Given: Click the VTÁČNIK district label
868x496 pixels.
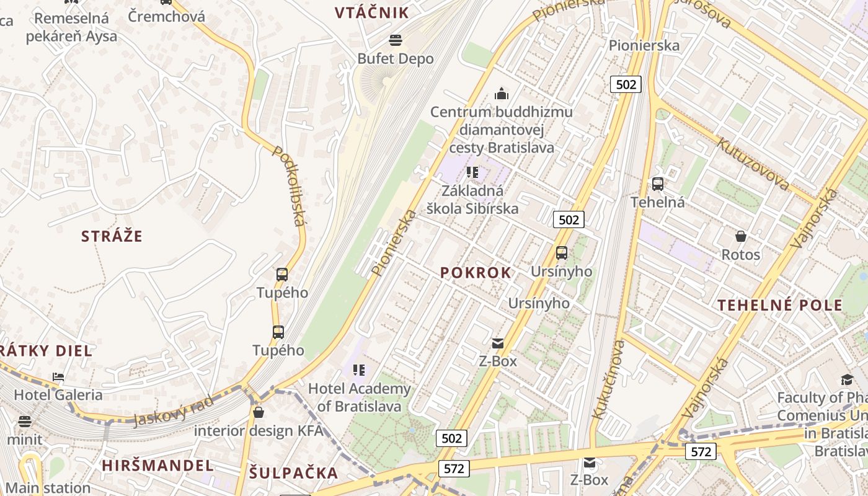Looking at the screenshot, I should [x=372, y=12].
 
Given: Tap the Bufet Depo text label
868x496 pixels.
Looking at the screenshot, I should [x=396, y=58].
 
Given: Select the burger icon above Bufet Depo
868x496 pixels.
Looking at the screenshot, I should [x=396, y=41].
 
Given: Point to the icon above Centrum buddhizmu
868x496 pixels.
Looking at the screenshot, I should [x=501, y=94].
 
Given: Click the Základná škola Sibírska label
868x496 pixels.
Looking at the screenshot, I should [x=472, y=200].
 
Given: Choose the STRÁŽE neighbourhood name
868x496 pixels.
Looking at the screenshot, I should [x=112, y=236].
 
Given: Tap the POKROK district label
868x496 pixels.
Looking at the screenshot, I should [x=476, y=273].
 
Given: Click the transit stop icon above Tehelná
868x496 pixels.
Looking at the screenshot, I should [x=657, y=184].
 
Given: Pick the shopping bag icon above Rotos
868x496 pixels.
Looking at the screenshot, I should [x=740, y=236].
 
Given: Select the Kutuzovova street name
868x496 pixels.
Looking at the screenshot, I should [x=753, y=164].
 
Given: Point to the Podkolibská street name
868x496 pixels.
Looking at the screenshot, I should [x=290, y=186].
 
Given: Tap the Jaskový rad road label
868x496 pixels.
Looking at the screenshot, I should [x=173, y=411].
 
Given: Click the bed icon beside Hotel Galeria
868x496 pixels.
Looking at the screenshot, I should [x=58, y=376].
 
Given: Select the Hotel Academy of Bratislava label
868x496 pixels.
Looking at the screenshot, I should [x=360, y=397].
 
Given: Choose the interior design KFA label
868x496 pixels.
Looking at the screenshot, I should [x=259, y=430].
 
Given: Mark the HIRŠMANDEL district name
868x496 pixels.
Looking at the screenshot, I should [x=157, y=466].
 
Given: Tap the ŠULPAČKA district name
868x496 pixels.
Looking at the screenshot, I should [x=293, y=473].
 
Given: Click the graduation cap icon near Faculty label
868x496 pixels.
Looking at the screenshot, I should [x=847, y=379].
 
